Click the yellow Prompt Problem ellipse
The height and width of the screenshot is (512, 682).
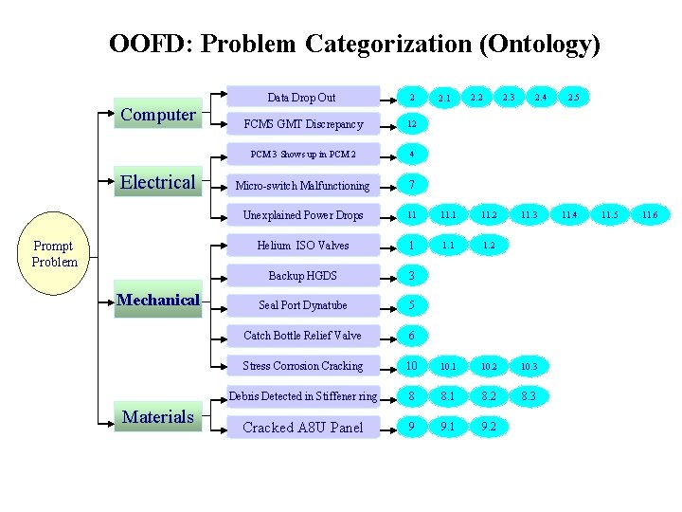tap(55, 254)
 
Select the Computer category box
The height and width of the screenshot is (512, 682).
tap(158, 115)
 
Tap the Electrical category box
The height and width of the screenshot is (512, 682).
tap(158, 182)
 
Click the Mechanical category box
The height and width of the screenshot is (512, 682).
tap(158, 301)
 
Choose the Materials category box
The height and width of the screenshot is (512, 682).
tap(158, 416)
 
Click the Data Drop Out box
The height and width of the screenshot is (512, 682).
tap(302, 97)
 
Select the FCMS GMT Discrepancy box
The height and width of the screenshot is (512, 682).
tap(302, 124)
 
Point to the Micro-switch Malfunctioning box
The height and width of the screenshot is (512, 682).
tap(302, 186)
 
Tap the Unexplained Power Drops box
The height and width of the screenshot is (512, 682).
tap(302, 215)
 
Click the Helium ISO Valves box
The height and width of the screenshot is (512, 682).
tap(302, 246)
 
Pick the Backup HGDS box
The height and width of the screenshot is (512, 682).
tap(302, 276)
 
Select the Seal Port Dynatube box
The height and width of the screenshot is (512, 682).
tap(302, 305)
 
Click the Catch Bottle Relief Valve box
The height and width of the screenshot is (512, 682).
tap(302, 336)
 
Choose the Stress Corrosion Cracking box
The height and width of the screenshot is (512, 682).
tap(302, 366)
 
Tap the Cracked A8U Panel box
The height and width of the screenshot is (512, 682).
tap(302, 428)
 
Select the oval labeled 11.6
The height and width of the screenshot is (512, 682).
tap(649, 215)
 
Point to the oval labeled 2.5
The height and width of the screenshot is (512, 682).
tap(573, 97)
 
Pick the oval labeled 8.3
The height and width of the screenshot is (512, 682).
tap(529, 396)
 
